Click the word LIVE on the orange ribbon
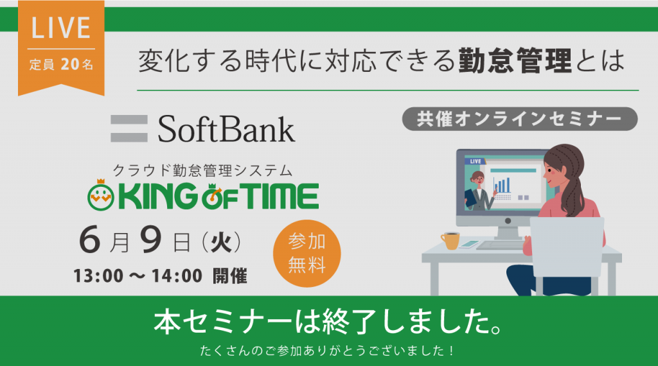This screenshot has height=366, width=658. pyautogui.click(x=61, y=28)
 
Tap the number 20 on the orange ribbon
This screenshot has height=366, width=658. pyautogui.click(x=70, y=64)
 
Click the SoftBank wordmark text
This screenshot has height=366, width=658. pyautogui.click(x=226, y=128)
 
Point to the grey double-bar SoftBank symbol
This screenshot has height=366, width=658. pyautogui.click(x=129, y=128)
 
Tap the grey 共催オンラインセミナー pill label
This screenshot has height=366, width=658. pyautogui.click(x=519, y=119)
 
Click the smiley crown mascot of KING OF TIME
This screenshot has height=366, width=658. pyautogui.click(x=101, y=195)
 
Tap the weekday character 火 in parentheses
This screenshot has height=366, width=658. pyautogui.click(x=221, y=242)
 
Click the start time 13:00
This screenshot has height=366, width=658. pyautogui.click(x=98, y=276)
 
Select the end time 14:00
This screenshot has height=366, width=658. pyautogui.click(x=177, y=276)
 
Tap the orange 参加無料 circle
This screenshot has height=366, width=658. pyautogui.click(x=307, y=253)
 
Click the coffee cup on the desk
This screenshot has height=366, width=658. pyautogui.click(x=450, y=241)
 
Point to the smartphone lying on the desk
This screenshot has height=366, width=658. pyautogui.click(x=469, y=244)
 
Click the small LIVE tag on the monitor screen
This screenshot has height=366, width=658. pyautogui.click(x=475, y=161)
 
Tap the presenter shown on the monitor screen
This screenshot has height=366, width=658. pyautogui.click(x=479, y=191)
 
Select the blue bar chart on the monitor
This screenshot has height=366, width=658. pyautogui.click(x=502, y=185)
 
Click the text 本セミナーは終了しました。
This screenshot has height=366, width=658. pyautogui.click(x=328, y=323)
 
